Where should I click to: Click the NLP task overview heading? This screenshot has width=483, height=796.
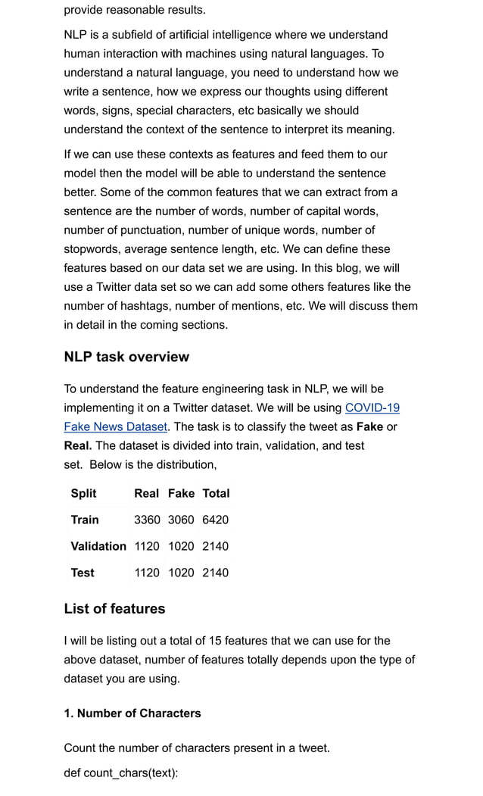pos(126,357)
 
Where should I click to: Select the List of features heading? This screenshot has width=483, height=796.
pos(114,609)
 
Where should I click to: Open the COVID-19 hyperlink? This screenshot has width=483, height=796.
pos(372,408)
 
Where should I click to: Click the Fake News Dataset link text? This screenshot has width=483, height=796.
pos(115,427)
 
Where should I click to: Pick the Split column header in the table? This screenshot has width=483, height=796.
pos(83,493)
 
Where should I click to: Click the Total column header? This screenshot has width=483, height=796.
pos(216,493)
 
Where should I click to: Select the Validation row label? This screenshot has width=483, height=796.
pos(98,546)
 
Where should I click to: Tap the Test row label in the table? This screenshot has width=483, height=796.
pos(83,573)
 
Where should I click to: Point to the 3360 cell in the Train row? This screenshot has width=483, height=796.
pos(147,520)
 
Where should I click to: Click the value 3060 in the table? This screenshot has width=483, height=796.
pos(181,520)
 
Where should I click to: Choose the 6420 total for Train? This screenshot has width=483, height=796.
pos(215,520)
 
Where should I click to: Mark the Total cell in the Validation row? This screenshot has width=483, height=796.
pos(215,546)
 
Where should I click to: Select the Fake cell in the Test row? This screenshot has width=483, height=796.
pos(181,573)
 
